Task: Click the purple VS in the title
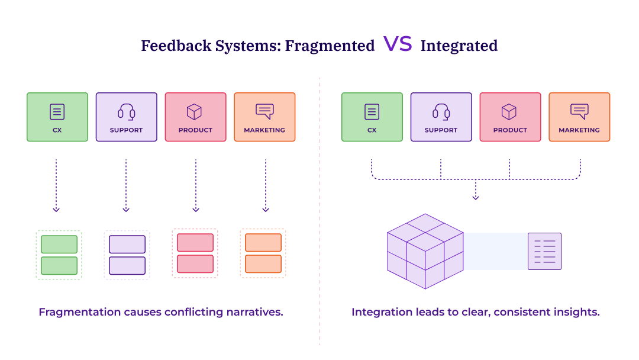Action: pyautogui.click(x=398, y=44)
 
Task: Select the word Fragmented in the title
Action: pyautogui.click(x=330, y=46)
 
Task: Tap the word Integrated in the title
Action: pyautogui.click(x=459, y=46)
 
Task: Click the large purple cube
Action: pyautogui.click(x=425, y=252)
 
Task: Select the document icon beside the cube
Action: pyautogui.click(x=544, y=252)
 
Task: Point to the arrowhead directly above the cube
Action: pyautogui.click(x=476, y=197)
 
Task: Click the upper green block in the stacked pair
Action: pyautogui.click(x=59, y=244)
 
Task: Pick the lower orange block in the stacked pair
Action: pyautogui.click(x=263, y=263)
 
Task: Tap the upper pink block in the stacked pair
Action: pyautogui.click(x=195, y=243)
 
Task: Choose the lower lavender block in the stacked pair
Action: pyautogui.click(x=127, y=265)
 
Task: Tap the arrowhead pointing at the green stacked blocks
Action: pyautogui.click(x=56, y=209)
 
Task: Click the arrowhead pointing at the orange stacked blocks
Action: pyautogui.click(x=266, y=209)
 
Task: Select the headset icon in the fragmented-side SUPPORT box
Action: pyautogui.click(x=126, y=111)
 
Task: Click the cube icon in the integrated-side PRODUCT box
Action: pyautogui.click(x=509, y=111)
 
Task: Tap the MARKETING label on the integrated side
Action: pyautogui.click(x=579, y=130)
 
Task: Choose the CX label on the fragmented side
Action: pyautogui.click(x=57, y=130)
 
